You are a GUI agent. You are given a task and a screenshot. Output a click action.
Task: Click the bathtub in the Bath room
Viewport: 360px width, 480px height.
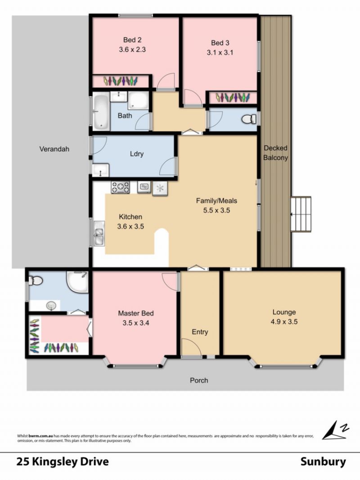tap(101, 112)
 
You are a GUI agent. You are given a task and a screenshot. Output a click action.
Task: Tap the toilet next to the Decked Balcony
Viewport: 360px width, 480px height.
tap(250, 119)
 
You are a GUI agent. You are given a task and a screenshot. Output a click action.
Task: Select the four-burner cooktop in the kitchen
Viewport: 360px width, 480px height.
tap(120, 187)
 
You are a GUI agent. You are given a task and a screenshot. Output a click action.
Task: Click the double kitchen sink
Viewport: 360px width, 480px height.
tap(99, 233)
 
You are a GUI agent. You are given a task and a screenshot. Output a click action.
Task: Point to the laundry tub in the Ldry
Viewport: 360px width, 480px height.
tap(100, 170)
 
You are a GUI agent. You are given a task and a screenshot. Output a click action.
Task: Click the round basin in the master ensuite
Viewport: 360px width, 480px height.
tap(51, 305)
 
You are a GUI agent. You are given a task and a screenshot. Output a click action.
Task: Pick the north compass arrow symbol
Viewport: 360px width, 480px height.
tap(335, 430)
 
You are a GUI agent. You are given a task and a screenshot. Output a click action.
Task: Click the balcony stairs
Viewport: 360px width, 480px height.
tap(301, 214)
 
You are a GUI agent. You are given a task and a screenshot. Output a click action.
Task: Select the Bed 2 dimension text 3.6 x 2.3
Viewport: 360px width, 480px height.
tap(132, 49)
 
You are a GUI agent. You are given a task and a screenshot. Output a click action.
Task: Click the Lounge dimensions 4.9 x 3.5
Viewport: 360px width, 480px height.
tap(284, 322)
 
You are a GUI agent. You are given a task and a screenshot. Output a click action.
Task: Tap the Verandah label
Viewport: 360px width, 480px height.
tap(54, 149)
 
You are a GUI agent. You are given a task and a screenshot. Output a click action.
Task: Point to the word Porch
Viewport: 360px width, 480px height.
tap(199, 380)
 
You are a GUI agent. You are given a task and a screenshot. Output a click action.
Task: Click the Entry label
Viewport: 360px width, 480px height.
tap(200, 332)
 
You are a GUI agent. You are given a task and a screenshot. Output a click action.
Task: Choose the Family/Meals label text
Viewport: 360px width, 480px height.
tap(216, 201)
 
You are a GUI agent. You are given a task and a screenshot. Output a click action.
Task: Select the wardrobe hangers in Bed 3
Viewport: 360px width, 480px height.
tap(233, 98)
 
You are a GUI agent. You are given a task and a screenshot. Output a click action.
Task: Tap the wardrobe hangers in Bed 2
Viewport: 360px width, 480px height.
tap(121, 81)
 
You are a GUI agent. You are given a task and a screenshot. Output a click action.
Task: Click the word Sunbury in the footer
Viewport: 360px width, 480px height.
tap(323, 462)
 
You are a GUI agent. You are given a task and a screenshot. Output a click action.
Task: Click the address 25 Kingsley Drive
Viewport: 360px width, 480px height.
tap(63, 462)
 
